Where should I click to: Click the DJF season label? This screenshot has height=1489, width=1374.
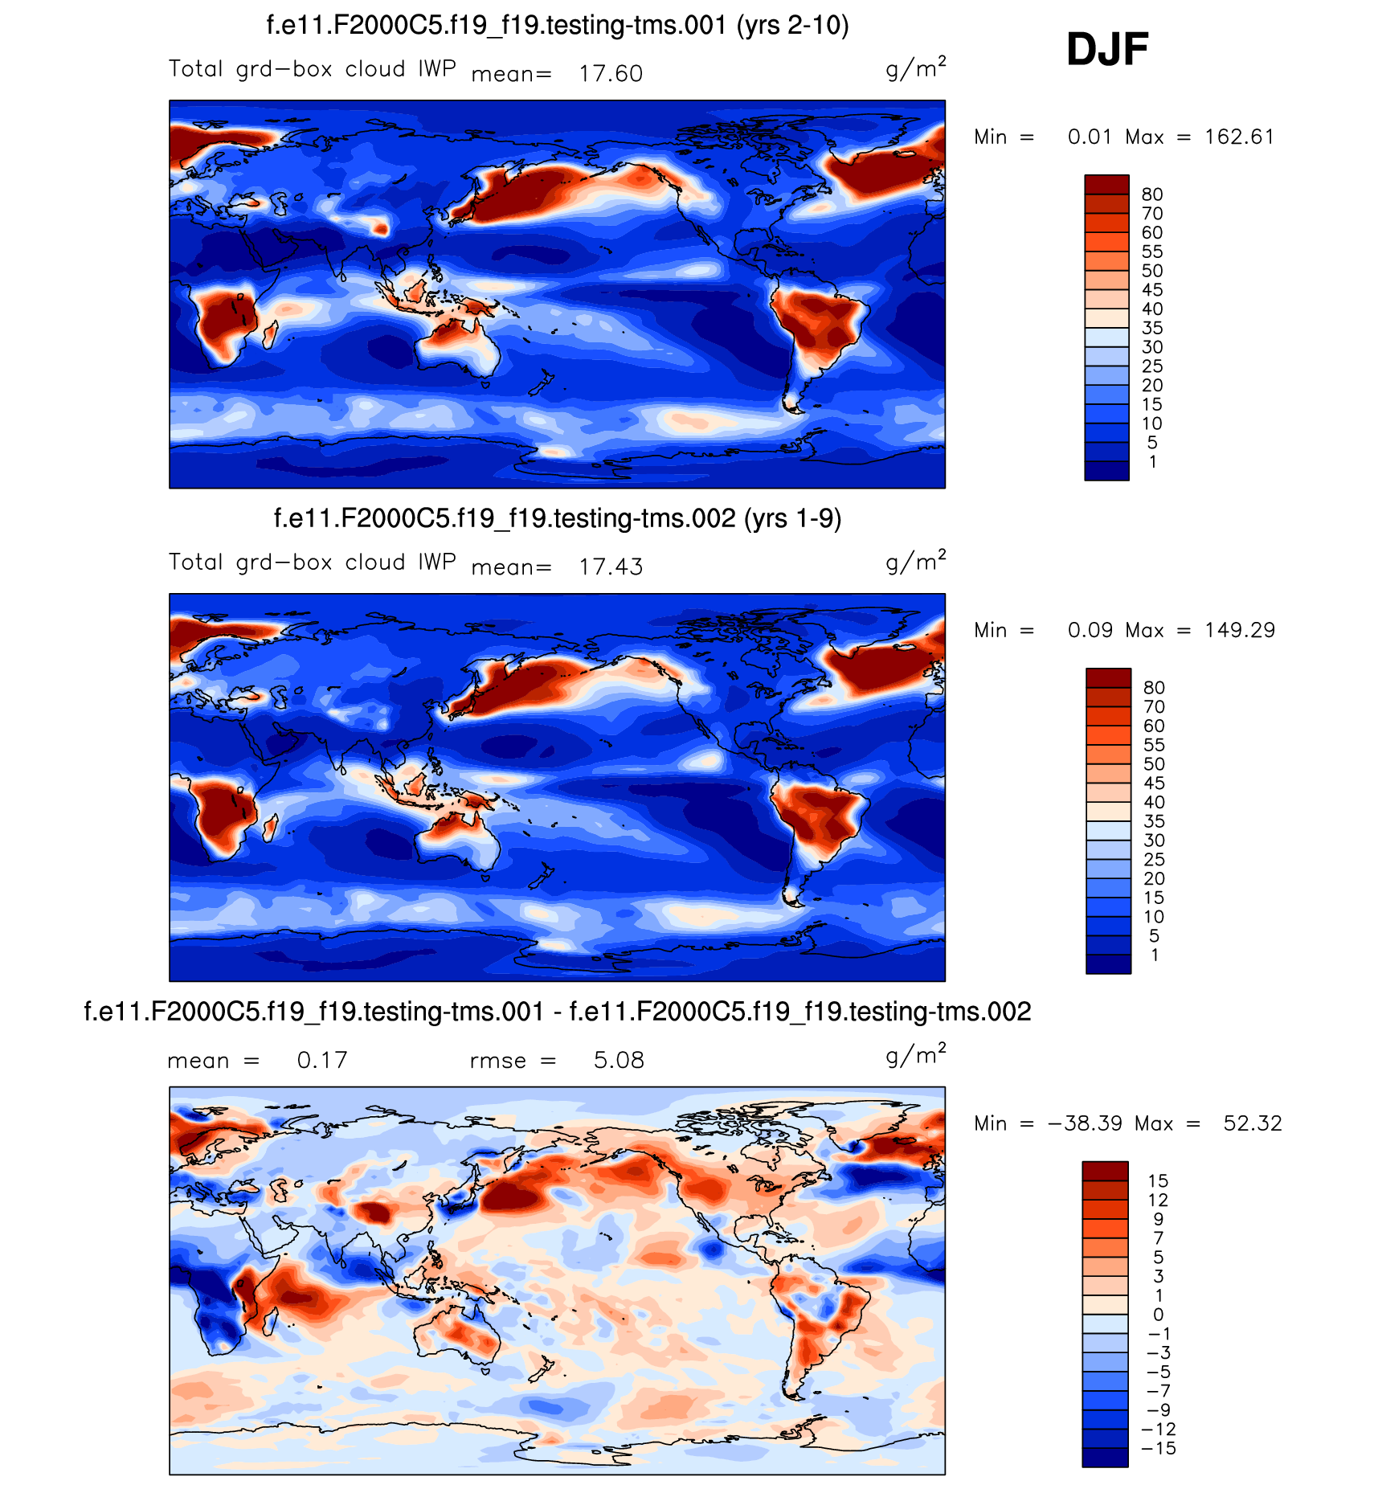point(1106,50)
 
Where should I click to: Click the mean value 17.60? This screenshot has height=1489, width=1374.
point(611,74)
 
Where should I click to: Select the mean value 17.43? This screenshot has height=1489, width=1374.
point(611,567)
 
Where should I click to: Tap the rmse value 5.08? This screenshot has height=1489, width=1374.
point(619,1061)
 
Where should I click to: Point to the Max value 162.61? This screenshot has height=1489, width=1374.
point(1239,137)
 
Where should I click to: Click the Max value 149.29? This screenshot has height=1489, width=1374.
point(1239,631)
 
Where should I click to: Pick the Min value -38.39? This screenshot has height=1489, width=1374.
point(1085,1123)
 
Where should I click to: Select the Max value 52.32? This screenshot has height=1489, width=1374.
point(1252,1123)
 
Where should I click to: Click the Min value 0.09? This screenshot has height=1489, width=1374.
point(1090,631)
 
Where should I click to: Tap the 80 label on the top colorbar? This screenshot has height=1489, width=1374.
point(1152,194)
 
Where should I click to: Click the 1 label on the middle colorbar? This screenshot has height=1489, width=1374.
point(1155,955)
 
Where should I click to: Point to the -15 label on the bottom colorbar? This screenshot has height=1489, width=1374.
point(1158,1449)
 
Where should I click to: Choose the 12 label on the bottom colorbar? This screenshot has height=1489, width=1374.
point(1158,1201)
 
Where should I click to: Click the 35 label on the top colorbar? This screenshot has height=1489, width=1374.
point(1152,329)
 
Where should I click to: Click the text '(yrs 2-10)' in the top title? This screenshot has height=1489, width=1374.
point(792,26)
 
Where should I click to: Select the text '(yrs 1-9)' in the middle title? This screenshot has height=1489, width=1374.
point(792,519)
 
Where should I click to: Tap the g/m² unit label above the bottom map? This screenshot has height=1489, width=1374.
point(915,1055)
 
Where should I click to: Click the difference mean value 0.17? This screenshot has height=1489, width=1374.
point(322,1061)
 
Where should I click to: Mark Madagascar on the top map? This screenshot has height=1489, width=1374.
point(271,333)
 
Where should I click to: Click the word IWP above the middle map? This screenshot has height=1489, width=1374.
point(437,562)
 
